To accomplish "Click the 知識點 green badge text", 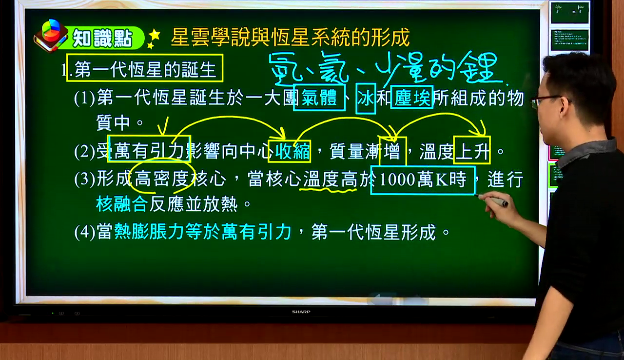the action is [102, 38].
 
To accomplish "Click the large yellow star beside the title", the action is [155, 35].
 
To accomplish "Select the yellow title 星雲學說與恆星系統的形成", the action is [290, 37].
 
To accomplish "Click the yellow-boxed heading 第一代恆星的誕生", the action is [145, 69].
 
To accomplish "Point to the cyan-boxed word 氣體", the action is [319, 98].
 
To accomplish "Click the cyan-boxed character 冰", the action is [366, 98].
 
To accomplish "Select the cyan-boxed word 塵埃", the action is [412, 98].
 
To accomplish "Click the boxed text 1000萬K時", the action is [423, 179].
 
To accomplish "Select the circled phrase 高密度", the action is [162, 179].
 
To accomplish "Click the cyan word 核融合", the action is [122, 204].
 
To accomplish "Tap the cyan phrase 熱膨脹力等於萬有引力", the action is [202, 231].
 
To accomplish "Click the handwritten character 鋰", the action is [479, 68].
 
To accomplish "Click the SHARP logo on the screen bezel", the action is [301, 312].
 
